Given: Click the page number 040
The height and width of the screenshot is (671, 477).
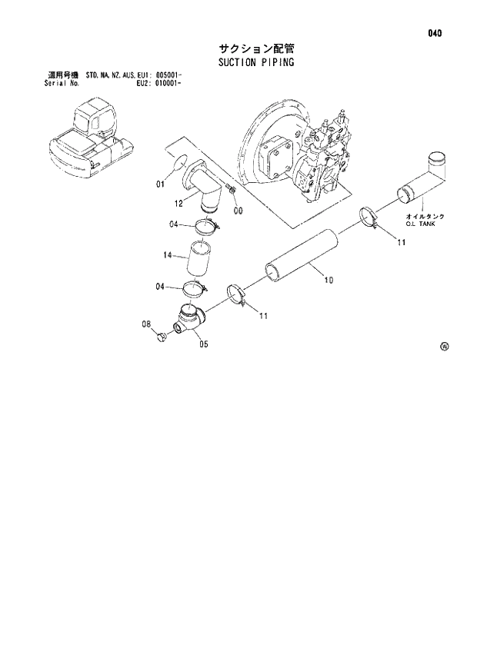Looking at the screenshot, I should click(x=436, y=33).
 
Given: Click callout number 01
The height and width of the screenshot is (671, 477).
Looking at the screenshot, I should click(x=160, y=184).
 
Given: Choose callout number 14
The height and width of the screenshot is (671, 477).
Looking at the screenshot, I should click(x=168, y=254).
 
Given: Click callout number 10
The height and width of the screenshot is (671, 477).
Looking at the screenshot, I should click(x=329, y=281).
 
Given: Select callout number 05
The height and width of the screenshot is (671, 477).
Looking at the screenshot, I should click(x=204, y=344).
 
